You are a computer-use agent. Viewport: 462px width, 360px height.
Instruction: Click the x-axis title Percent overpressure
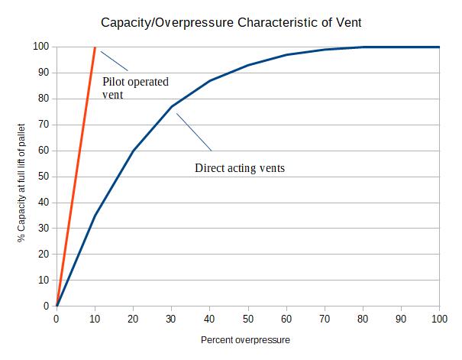point(246,339)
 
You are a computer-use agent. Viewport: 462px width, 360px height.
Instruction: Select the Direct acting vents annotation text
point(240,167)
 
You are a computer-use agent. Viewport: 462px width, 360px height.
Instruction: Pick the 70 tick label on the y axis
point(44,125)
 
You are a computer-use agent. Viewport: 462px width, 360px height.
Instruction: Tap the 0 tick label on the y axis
point(46,306)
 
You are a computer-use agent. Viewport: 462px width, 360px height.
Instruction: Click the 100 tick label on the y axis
point(41,47)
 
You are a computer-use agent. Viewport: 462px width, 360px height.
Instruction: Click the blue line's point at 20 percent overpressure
point(134,151)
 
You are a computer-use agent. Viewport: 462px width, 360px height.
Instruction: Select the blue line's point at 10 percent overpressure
point(95,215)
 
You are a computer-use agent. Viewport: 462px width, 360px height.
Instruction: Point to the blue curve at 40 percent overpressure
point(210,80)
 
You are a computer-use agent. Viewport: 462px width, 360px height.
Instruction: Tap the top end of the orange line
point(95,47)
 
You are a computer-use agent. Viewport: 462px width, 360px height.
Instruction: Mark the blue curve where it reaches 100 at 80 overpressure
point(363,47)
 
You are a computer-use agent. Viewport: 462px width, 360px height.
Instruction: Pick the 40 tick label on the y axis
point(44,203)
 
